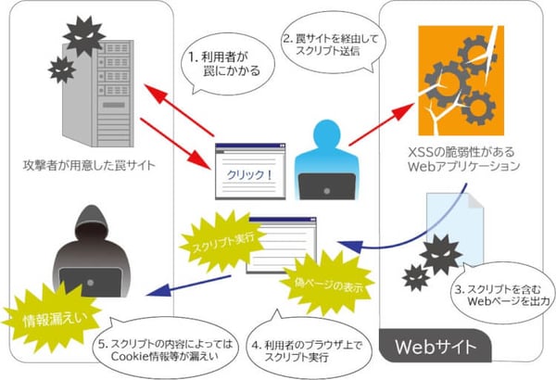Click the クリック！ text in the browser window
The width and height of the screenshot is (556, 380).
pyautogui.click(x=245, y=174)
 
